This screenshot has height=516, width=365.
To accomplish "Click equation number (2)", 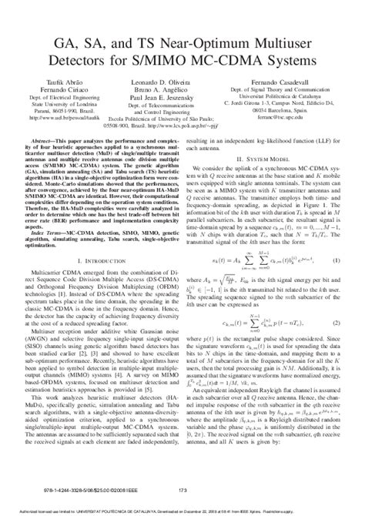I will coord(337,327).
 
